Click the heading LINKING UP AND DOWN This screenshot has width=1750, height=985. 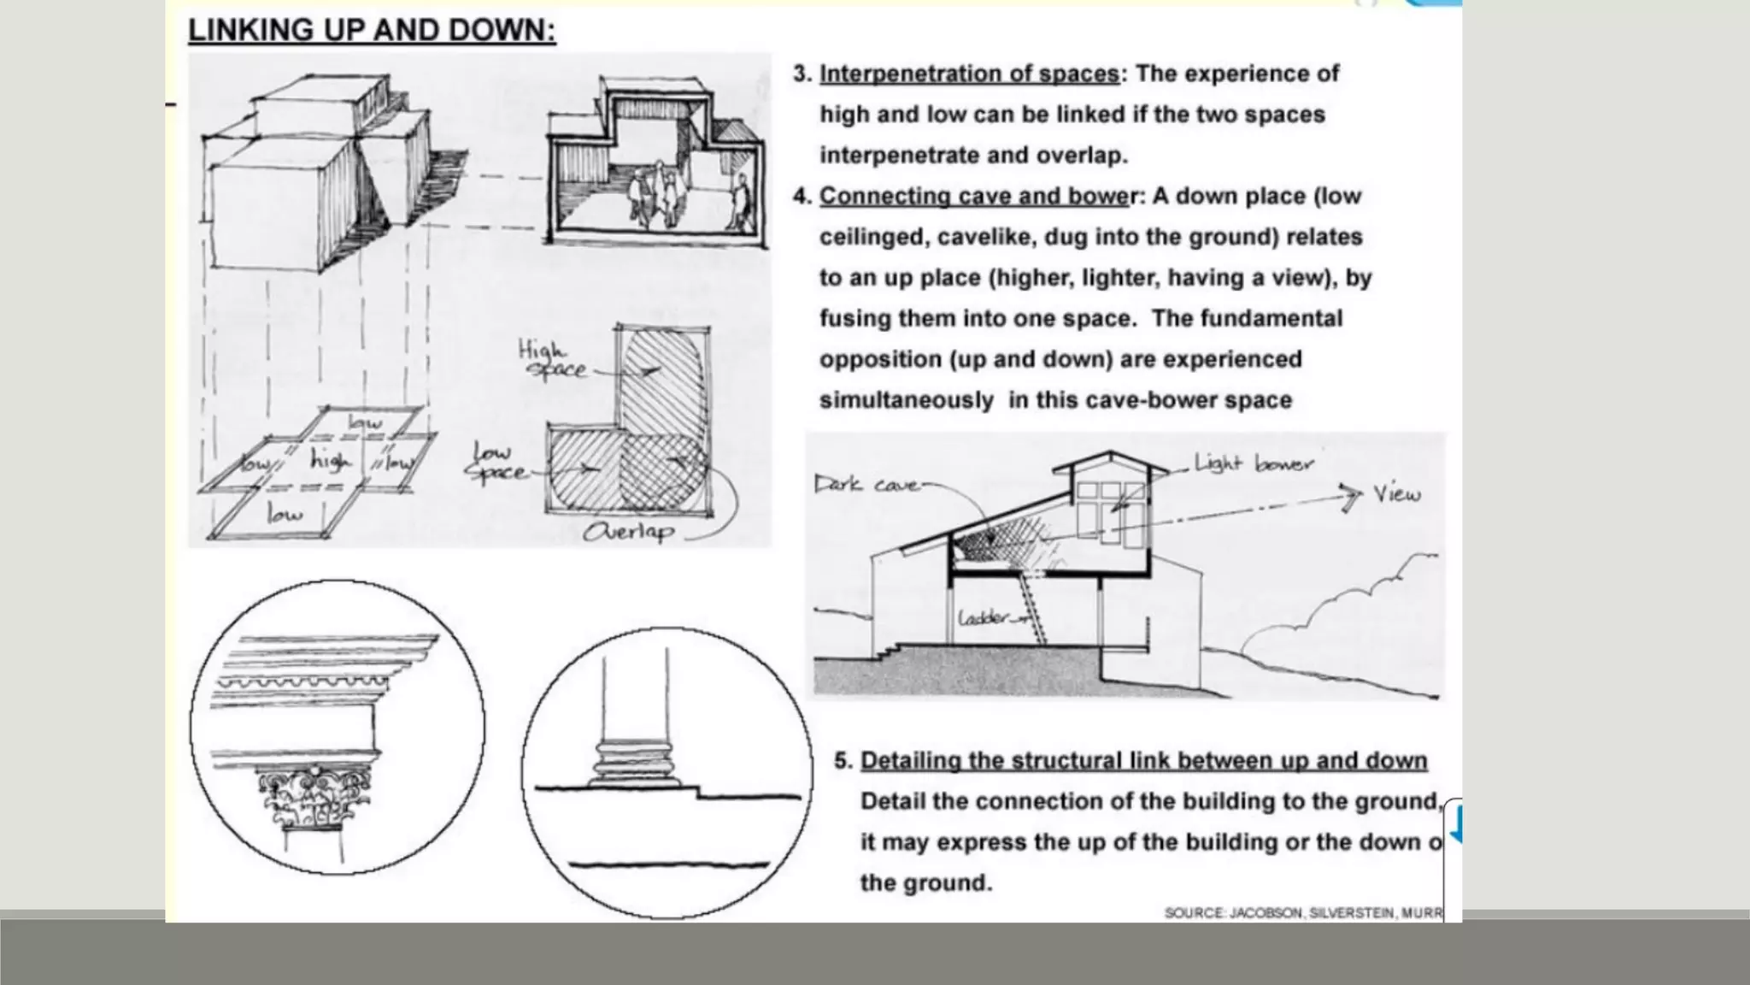point(372,31)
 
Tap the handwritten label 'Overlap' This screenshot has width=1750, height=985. point(628,532)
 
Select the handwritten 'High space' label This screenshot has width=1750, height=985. point(551,360)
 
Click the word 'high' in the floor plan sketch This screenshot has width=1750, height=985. point(330,461)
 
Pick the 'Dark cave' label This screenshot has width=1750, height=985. point(865,485)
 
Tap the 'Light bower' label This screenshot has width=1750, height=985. point(1254,464)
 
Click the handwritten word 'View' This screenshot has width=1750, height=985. point(1397,493)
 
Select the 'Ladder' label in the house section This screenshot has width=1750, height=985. point(984,617)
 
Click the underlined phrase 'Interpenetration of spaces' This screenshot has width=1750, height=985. point(969,74)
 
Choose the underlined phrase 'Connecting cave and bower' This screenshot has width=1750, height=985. point(974,196)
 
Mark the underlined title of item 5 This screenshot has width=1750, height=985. point(1143,760)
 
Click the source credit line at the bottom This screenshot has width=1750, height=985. point(1302,913)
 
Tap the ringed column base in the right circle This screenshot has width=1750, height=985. point(634,764)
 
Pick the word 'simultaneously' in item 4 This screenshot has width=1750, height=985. point(906,400)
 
